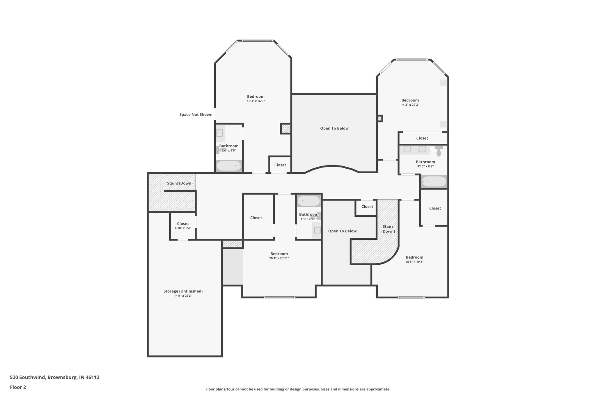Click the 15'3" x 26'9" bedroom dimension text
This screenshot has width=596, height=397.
click(256, 101)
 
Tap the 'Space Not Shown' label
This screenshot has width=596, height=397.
click(196, 115)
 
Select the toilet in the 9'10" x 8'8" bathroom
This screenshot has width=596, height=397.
click(439, 152)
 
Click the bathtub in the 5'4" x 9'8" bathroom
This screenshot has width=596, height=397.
click(229, 166)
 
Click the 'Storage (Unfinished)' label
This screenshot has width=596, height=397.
click(183, 291)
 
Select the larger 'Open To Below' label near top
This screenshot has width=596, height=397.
click(334, 128)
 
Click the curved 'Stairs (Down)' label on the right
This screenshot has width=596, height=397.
click(388, 229)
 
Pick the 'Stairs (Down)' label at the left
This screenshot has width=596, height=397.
click(180, 183)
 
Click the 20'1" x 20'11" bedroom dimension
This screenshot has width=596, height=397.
click(279, 258)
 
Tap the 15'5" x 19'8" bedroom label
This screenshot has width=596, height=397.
click(414, 257)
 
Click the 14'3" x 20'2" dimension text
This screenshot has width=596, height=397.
click(410, 105)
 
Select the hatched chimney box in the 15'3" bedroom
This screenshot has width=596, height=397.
click(285, 128)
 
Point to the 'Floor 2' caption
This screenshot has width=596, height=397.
click(18, 387)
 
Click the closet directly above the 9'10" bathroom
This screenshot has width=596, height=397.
click(422, 138)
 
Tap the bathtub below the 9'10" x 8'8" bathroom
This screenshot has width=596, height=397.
click(434, 181)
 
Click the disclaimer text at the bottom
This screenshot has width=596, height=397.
click(298, 389)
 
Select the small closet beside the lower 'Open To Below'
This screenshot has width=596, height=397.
click(367, 207)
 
